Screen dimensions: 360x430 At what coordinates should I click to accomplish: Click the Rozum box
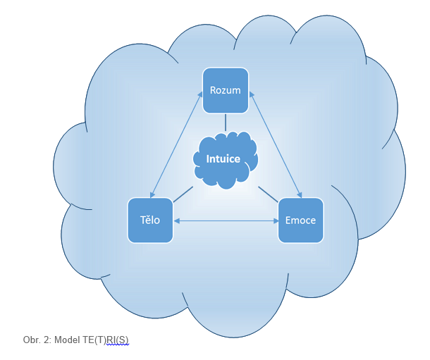(x=226, y=90)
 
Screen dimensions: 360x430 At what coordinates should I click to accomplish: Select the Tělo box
(x=150, y=221)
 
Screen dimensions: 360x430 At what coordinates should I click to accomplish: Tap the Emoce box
(x=301, y=221)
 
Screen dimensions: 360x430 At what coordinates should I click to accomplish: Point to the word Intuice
(x=223, y=159)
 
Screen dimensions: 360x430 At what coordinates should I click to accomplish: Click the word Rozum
(x=226, y=90)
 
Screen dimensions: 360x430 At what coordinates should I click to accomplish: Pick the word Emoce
(x=301, y=221)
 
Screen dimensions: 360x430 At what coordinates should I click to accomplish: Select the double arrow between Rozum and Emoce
(x=277, y=144)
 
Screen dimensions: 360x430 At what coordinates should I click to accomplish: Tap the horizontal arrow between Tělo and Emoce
(x=226, y=221)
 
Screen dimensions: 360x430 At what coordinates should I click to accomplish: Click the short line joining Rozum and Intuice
(x=226, y=123)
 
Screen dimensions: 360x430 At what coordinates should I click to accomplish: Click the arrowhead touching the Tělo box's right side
(x=177, y=221)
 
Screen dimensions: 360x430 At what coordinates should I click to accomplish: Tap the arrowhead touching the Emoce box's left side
(x=274, y=221)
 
